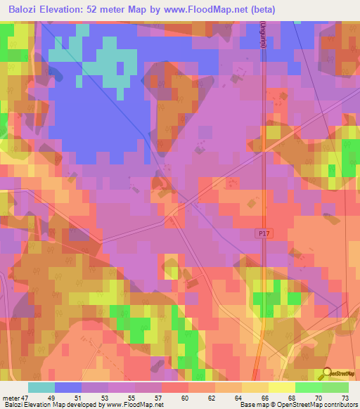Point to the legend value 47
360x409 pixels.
pos(25,398)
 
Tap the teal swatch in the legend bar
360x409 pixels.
pos(41,387)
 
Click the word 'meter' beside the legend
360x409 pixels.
pos(11,398)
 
